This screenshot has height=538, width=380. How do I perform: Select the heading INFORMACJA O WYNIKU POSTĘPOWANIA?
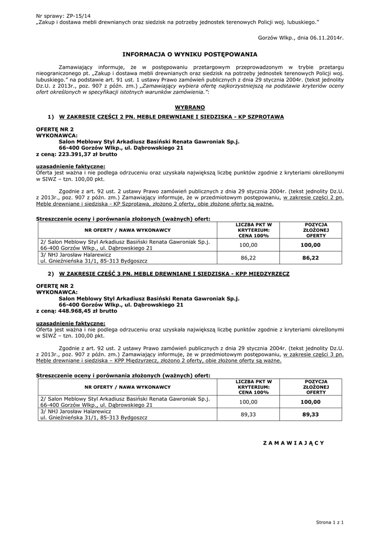pyautogui.click(x=189, y=54)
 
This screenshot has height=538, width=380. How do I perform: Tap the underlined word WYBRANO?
pyautogui.click(x=190, y=107)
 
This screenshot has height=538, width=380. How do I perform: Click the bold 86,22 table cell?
pyautogui.click(x=310, y=258)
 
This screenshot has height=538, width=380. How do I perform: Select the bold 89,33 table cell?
pyautogui.click(x=310, y=415)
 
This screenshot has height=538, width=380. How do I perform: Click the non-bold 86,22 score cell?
pyautogui.click(x=248, y=258)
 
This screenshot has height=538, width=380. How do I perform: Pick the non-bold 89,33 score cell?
pyautogui.click(x=248, y=415)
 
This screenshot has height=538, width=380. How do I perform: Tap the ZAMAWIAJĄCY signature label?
pyautogui.click(x=293, y=443)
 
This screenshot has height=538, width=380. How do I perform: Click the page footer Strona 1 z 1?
pyautogui.click(x=330, y=522)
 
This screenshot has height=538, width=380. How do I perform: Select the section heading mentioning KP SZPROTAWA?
pyautogui.click(x=171, y=117)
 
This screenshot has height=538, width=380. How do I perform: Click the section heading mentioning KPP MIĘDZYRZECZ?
pyautogui.click(x=174, y=274)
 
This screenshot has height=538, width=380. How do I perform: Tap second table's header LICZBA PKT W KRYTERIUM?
pyautogui.click(x=254, y=386)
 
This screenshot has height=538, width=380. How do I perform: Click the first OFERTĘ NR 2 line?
pyautogui.click(x=55, y=129)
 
